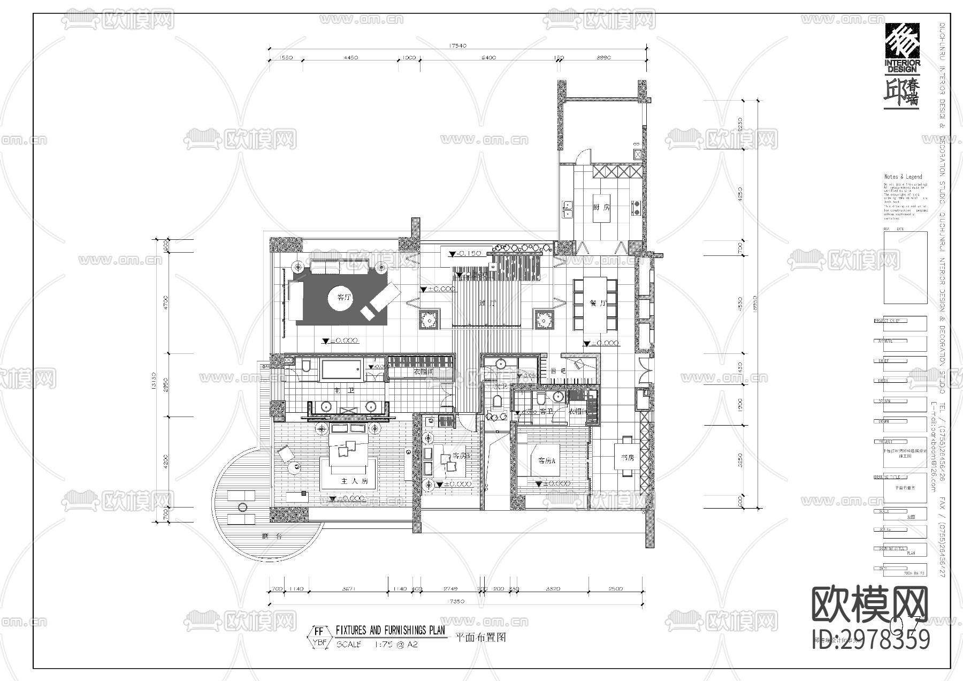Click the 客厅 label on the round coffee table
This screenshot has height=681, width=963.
[x=344, y=297]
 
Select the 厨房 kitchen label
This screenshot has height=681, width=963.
[x=601, y=207]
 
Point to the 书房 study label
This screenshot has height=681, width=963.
[x=628, y=458]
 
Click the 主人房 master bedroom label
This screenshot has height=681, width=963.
[x=354, y=481]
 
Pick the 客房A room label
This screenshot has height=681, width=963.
[x=546, y=460]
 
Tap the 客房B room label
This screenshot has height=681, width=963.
[x=461, y=456]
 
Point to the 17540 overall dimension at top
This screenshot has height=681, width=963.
[x=458, y=46]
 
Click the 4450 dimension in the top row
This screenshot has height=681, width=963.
[x=350, y=58]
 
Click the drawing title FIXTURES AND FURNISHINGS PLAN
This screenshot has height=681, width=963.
[x=390, y=631]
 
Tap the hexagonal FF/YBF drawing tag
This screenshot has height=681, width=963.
[x=319, y=637]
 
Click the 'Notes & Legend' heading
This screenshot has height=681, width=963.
[x=903, y=177]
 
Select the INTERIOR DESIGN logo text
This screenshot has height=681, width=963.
[x=903, y=66]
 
